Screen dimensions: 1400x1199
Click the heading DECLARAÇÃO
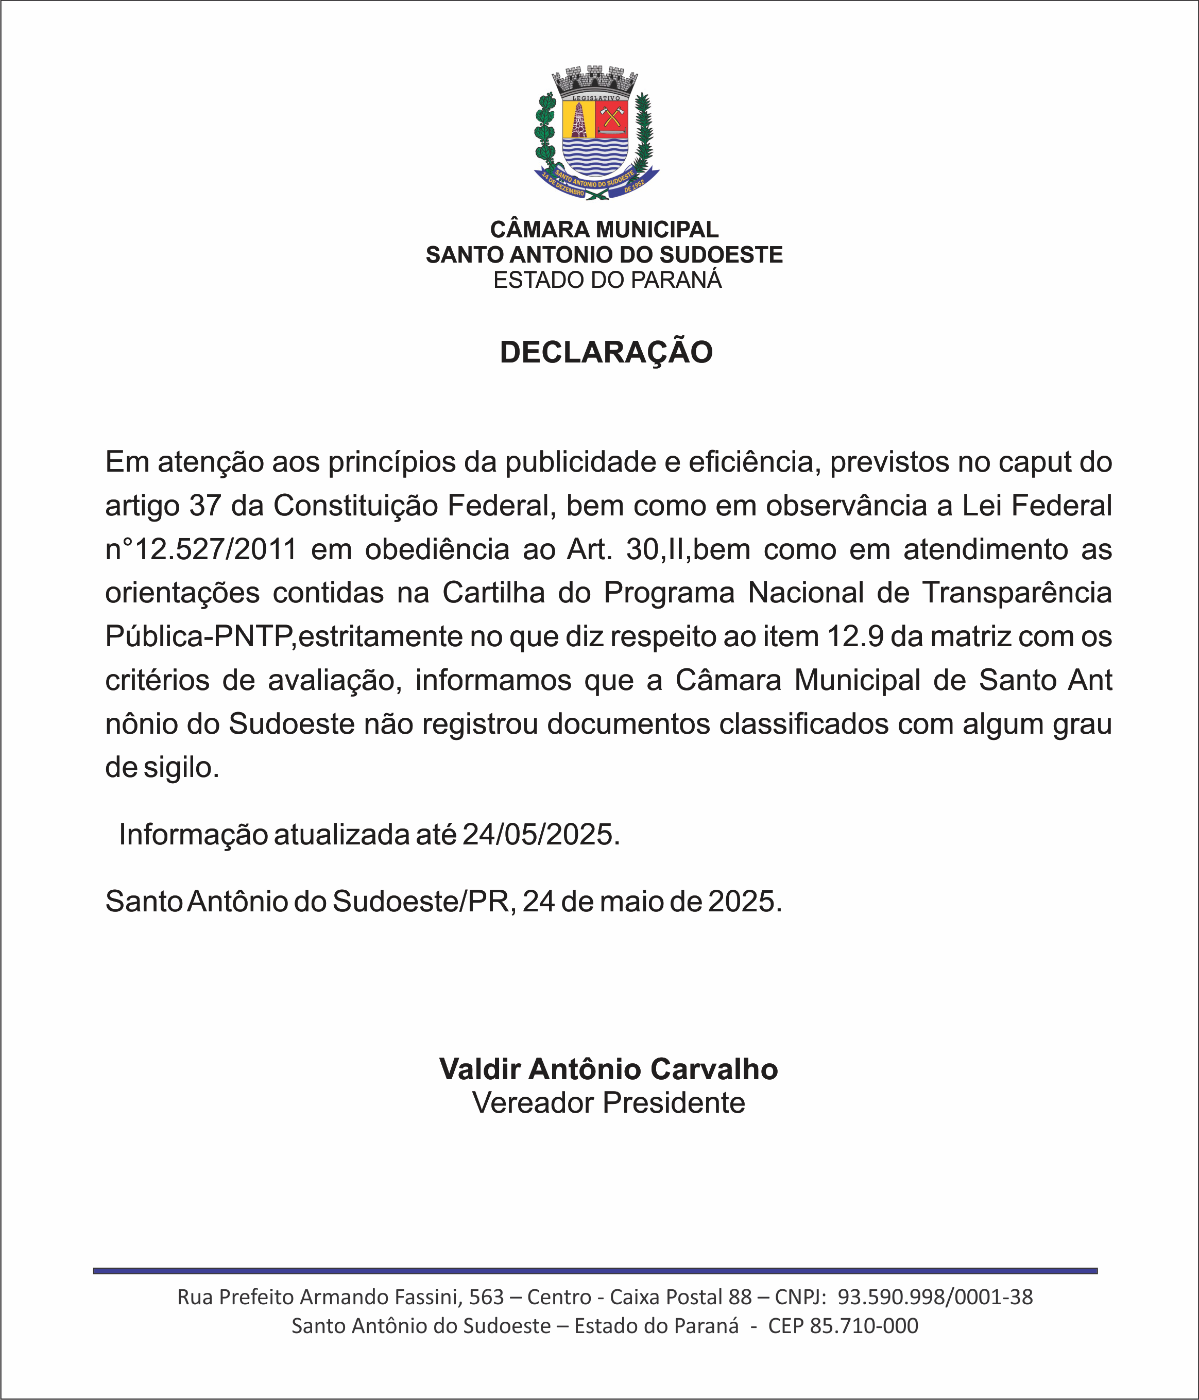tap(606, 353)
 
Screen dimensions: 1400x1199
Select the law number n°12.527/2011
tap(201, 550)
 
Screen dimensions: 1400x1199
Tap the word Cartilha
tap(493, 593)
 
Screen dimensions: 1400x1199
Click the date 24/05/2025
tap(540, 835)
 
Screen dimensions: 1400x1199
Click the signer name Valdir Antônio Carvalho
tap(608, 1069)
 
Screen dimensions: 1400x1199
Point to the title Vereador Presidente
tap(608, 1103)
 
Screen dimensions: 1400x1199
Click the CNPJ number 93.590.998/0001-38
tap(935, 1297)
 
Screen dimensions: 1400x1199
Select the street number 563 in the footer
tap(487, 1297)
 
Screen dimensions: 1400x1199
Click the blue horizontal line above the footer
tap(595, 1271)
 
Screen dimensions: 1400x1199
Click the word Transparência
tap(1017, 593)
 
